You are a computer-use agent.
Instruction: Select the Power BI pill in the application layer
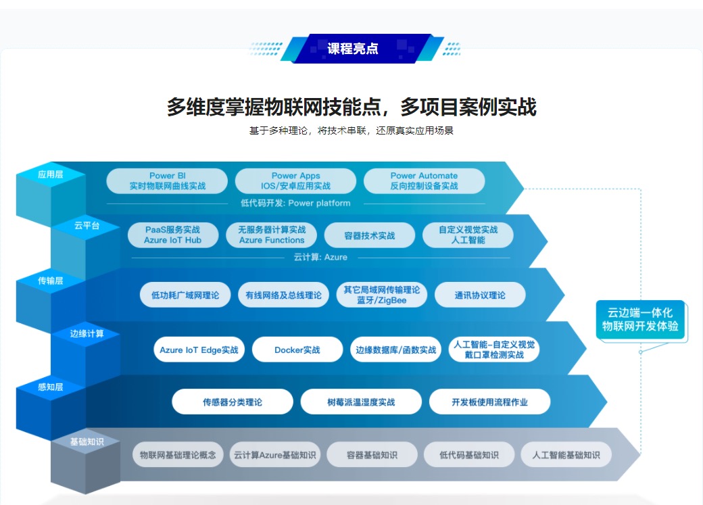tap(167, 181)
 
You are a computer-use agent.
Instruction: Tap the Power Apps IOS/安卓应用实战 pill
tap(295, 181)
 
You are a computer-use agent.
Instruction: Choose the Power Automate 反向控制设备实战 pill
tap(424, 181)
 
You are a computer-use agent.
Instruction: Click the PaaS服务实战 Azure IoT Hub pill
tap(173, 235)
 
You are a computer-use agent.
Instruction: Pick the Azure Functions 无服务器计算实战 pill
tap(272, 235)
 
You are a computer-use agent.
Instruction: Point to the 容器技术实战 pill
tap(370, 235)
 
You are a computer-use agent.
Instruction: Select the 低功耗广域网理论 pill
tap(185, 295)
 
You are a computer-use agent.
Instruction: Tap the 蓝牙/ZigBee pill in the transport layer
tap(381, 295)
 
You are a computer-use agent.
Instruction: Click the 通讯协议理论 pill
tap(480, 295)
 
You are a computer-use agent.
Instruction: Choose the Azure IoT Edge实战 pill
tap(199, 350)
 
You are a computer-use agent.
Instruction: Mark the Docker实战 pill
tap(297, 350)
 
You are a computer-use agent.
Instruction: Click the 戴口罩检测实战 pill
tap(494, 350)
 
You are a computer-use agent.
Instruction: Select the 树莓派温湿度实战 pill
tap(361, 402)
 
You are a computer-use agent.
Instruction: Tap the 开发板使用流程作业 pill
tap(489, 402)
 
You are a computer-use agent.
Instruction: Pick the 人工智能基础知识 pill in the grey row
tap(566, 455)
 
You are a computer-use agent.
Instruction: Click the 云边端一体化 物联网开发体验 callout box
tap(640, 319)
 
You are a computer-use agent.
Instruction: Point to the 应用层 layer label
tap(50, 174)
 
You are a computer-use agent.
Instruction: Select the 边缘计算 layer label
tap(87, 334)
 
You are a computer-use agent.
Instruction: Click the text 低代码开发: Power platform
tap(295, 203)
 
